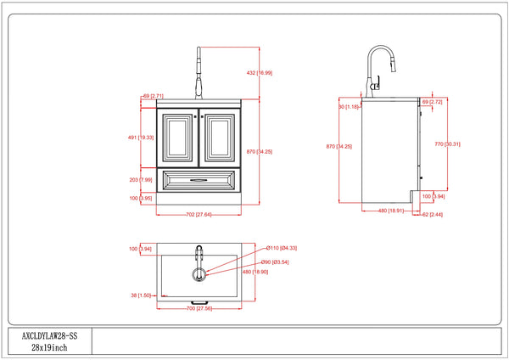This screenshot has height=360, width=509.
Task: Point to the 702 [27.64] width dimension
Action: point(199,214)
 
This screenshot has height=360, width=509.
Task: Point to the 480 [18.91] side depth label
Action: point(390,211)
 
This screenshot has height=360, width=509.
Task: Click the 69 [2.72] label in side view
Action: point(432,102)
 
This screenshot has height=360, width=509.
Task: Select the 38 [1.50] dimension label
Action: point(141,295)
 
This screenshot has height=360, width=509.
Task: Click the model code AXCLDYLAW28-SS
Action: point(48,336)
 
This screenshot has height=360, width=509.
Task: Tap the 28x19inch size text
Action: point(48,348)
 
